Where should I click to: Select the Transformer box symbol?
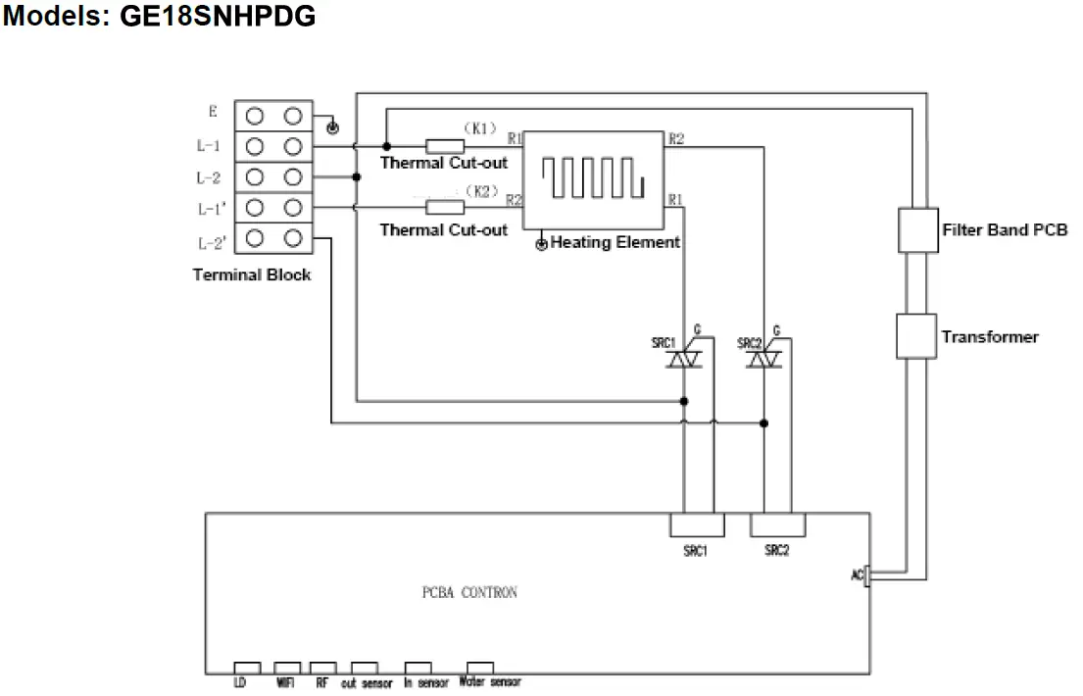[918, 337]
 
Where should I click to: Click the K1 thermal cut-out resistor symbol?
[445, 146]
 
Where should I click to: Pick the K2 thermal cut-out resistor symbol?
[445, 207]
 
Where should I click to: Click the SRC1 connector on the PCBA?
[697, 524]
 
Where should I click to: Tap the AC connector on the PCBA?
[866, 574]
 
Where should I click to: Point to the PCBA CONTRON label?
[469, 592]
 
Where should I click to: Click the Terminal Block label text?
[252, 275]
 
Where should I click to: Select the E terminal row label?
[213, 112]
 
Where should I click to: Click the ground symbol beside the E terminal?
[332, 128]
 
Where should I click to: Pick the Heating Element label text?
[615, 242]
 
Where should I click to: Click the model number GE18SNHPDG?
[218, 17]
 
